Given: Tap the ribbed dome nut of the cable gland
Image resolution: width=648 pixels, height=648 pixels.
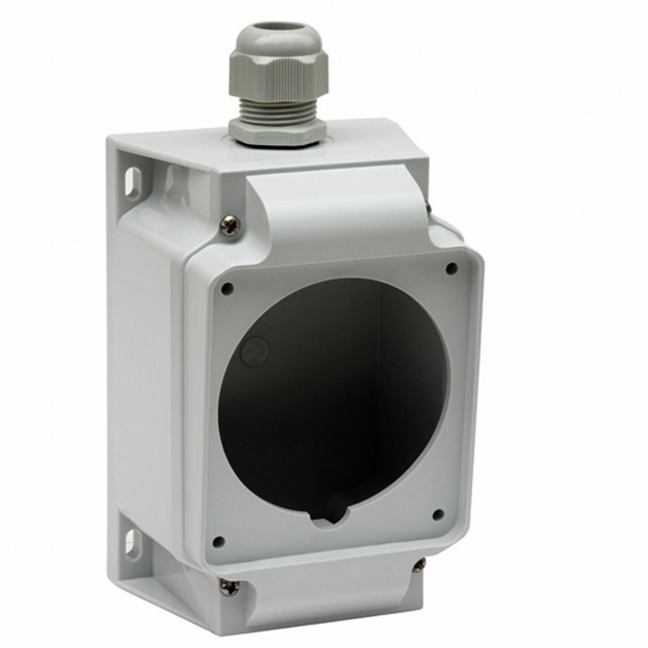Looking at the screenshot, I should (278, 73).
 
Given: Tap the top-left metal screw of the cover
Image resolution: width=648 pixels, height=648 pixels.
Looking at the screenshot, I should (230, 225).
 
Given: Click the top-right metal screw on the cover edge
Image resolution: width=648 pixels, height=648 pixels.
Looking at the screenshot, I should (428, 206).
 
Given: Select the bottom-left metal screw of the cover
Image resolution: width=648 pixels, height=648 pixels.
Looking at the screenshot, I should (229, 587).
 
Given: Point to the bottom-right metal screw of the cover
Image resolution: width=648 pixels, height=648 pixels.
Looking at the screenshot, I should (419, 564).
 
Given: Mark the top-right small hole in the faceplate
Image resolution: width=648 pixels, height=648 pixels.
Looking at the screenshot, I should (451, 268).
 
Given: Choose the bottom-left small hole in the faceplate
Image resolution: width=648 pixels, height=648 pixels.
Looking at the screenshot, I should (218, 542).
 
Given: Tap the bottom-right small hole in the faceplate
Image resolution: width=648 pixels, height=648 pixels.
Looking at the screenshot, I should (438, 514).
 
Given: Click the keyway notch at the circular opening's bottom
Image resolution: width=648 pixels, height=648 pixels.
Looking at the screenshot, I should (330, 516).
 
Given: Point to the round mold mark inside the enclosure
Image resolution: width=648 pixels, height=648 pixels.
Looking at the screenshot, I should (255, 350).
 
